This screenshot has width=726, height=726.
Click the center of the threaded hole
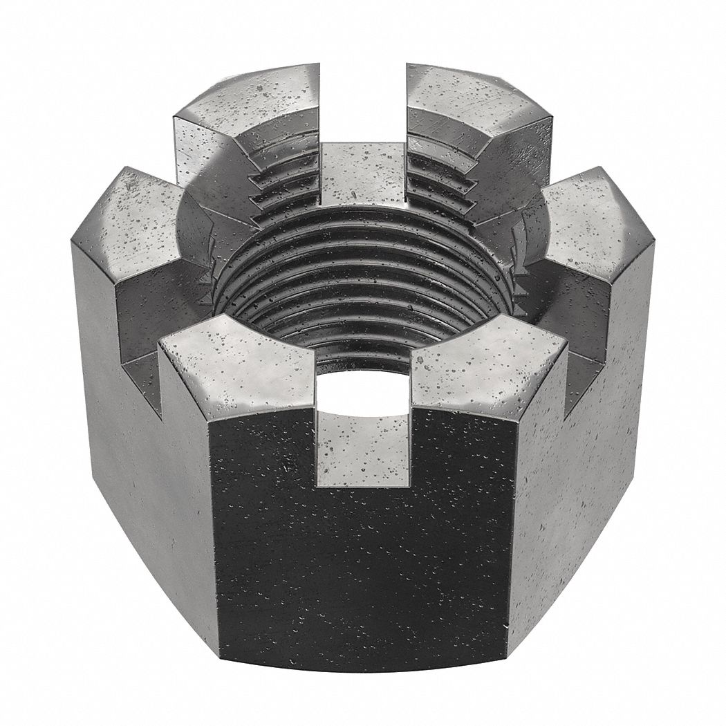click(x=360, y=290)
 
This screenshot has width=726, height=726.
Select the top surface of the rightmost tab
click(x=595, y=214)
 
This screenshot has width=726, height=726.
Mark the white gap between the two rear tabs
click(x=363, y=97)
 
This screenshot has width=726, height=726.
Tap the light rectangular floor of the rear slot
click(x=363, y=173)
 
